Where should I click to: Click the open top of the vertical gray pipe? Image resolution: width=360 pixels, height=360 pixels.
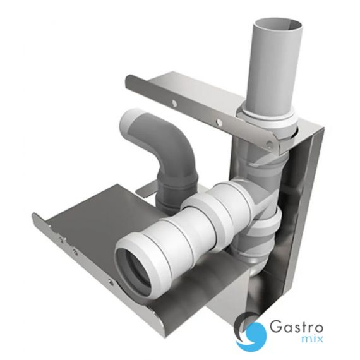[x=279, y=25]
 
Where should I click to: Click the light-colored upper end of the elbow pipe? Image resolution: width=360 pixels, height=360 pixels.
[x=131, y=121]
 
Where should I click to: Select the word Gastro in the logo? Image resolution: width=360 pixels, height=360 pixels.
[x=296, y=327]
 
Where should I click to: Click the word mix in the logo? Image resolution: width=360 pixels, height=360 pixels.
[x=315, y=339]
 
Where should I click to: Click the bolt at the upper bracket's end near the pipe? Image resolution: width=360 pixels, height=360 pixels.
[x=268, y=145]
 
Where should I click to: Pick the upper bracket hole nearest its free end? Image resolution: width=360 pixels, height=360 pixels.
[x=174, y=103]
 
